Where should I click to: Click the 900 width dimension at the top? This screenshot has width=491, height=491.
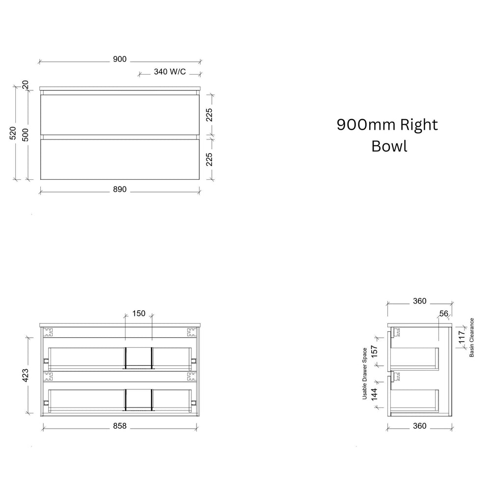pyautogui.click(x=120, y=59)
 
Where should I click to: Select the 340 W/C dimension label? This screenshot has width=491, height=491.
pyautogui.click(x=170, y=72)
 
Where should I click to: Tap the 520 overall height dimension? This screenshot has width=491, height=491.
pyautogui.click(x=13, y=133)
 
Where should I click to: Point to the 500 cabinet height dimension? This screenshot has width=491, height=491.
pyautogui.click(x=26, y=135)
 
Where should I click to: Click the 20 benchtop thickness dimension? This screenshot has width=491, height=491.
pyautogui.click(x=26, y=85)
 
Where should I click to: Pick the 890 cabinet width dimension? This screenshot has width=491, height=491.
pyautogui.click(x=120, y=190)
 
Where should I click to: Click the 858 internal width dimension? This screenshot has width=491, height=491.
pyautogui.click(x=120, y=426)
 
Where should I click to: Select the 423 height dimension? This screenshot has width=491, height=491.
pyautogui.click(x=26, y=375)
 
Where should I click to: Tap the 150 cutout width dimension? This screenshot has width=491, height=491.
pyautogui.click(x=139, y=313)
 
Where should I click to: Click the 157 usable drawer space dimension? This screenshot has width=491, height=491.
pyautogui.click(x=374, y=352)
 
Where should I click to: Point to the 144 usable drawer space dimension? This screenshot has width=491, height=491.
pyautogui.click(x=374, y=394)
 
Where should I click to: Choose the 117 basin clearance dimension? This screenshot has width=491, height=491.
pyautogui.click(x=462, y=337)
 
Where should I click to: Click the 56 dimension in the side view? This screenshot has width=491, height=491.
pyautogui.click(x=444, y=313)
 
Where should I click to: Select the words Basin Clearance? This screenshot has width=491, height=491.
pyautogui.click(x=471, y=338)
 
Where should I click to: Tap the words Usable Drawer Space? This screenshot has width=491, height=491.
pyautogui.click(x=364, y=374)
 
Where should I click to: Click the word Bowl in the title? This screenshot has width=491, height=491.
pyautogui.click(x=389, y=146)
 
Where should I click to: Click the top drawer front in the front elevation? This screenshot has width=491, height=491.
pyautogui.click(x=120, y=115)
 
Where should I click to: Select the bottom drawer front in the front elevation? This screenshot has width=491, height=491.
pyautogui.click(x=120, y=160)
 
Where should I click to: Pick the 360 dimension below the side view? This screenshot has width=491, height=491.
pyautogui.click(x=420, y=426)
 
